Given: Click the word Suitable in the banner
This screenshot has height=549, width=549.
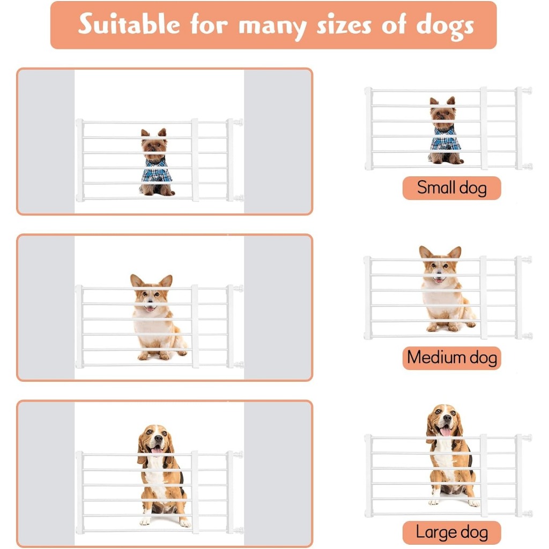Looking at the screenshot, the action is coord(129,24).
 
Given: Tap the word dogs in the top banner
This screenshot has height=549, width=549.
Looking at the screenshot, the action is coord(444,27).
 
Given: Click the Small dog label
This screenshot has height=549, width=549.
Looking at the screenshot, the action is coord(451,188).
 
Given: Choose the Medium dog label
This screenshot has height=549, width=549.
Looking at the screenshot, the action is coord(451,358).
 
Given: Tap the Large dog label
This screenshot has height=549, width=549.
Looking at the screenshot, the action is coord(451,532).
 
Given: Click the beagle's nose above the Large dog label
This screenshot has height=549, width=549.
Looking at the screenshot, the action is coord(447,418).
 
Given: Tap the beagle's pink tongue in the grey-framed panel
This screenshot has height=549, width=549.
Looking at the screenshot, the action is coord(157,450).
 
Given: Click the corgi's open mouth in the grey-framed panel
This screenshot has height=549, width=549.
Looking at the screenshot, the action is coord(150,308).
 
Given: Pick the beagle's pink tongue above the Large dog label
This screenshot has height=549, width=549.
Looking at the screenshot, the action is coord(446,432).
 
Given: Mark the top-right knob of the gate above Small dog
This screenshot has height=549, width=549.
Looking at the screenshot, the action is coord(527,91).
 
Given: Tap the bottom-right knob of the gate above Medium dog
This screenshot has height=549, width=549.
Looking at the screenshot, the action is coord(527,336).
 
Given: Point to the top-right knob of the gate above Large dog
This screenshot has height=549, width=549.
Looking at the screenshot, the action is coord(527,438).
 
